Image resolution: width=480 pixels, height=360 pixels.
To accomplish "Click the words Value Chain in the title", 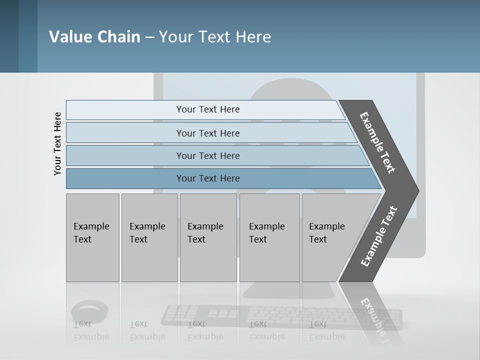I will [94, 37].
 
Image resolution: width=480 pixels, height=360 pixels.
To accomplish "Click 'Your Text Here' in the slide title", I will [215, 37].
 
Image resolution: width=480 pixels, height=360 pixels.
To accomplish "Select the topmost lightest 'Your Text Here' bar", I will [207, 109].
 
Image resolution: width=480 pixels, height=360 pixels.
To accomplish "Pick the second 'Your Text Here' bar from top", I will [207, 133].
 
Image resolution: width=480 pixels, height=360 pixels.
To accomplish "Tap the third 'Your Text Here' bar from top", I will [207, 155].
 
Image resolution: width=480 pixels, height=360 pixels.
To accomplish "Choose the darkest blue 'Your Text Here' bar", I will [207, 178].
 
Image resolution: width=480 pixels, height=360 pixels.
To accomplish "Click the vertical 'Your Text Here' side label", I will [57, 143].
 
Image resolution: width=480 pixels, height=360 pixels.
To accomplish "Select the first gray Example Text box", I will [92, 237].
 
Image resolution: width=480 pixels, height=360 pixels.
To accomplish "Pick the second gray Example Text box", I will [149, 237].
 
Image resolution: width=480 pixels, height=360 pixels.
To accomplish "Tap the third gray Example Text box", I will [208, 237].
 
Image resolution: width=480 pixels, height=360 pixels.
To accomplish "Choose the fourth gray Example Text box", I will [269, 237].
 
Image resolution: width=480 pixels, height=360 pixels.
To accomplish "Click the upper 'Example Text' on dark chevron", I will [377, 142].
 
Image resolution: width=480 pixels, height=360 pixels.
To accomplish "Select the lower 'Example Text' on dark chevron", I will [379, 236].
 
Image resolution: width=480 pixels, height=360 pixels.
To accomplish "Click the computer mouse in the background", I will [89, 309].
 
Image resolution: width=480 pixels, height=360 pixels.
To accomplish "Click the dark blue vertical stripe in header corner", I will [9, 36].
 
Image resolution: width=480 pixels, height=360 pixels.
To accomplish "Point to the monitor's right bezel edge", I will [420, 150].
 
